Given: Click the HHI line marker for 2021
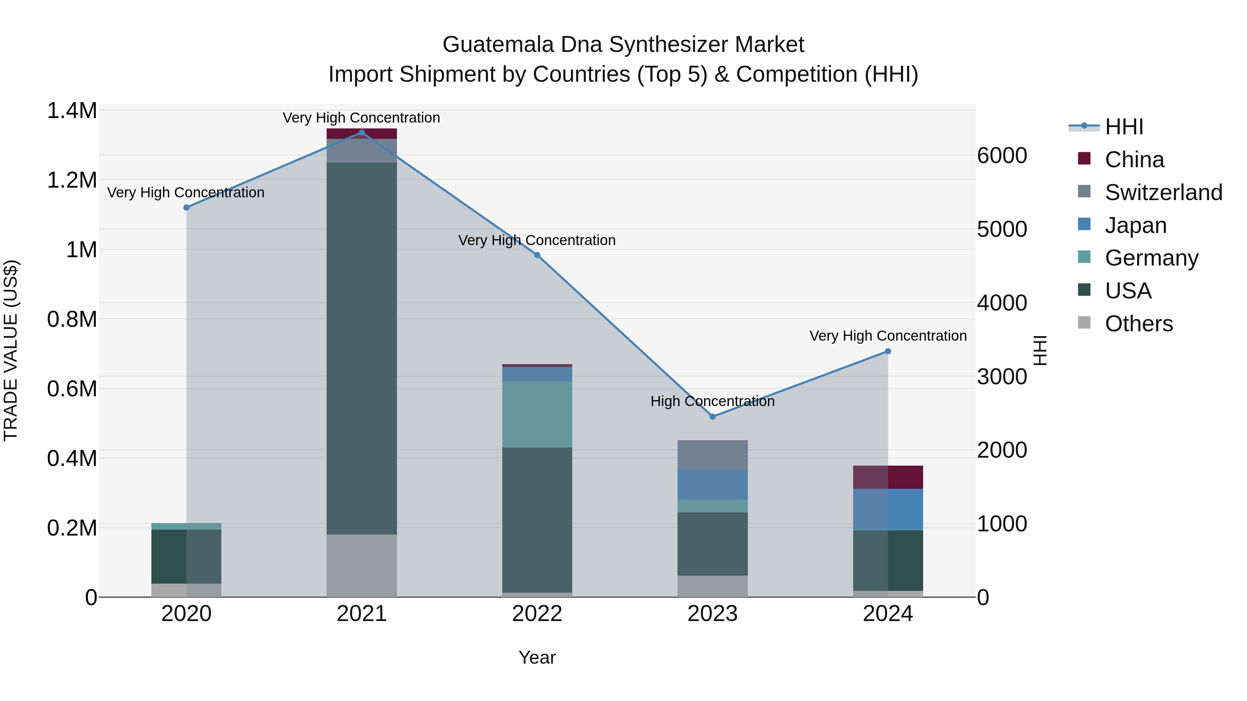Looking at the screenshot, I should click(x=362, y=133).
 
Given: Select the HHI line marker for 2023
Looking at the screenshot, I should click(x=712, y=416).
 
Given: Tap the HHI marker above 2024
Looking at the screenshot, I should click(x=887, y=351).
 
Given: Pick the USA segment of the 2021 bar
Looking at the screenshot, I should click(x=362, y=348).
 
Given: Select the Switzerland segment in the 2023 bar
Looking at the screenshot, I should click(x=712, y=455).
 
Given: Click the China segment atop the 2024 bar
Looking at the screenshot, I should click(x=887, y=477).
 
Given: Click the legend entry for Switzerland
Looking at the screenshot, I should click(x=1163, y=192).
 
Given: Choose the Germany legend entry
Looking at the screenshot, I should click(x=1151, y=258).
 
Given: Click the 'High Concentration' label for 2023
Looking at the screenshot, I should click(x=712, y=401).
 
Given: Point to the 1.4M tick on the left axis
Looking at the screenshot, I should click(x=72, y=111).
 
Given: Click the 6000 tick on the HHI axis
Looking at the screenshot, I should click(x=1001, y=156).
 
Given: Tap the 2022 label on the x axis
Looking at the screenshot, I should click(x=537, y=614).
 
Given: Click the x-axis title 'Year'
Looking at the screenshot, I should click(x=537, y=657).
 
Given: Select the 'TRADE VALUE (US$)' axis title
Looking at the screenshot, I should click(x=11, y=350).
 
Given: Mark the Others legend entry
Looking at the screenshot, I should click(x=1139, y=324).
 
